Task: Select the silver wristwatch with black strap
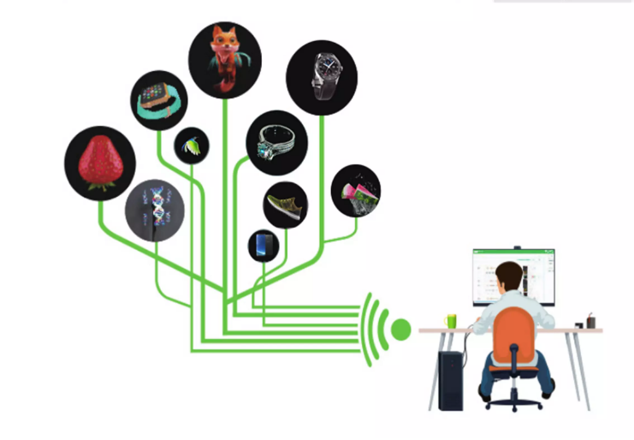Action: click(x=322, y=76)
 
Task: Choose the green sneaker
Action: click(x=285, y=205)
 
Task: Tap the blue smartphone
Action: click(x=264, y=246)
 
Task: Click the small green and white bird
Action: click(x=192, y=146)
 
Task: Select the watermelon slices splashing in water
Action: click(x=355, y=190)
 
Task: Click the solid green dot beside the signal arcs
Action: click(x=400, y=329)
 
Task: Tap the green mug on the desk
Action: click(x=452, y=321)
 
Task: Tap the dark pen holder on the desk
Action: click(x=590, y=323)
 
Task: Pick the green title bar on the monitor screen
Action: click(x=513, y=253)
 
